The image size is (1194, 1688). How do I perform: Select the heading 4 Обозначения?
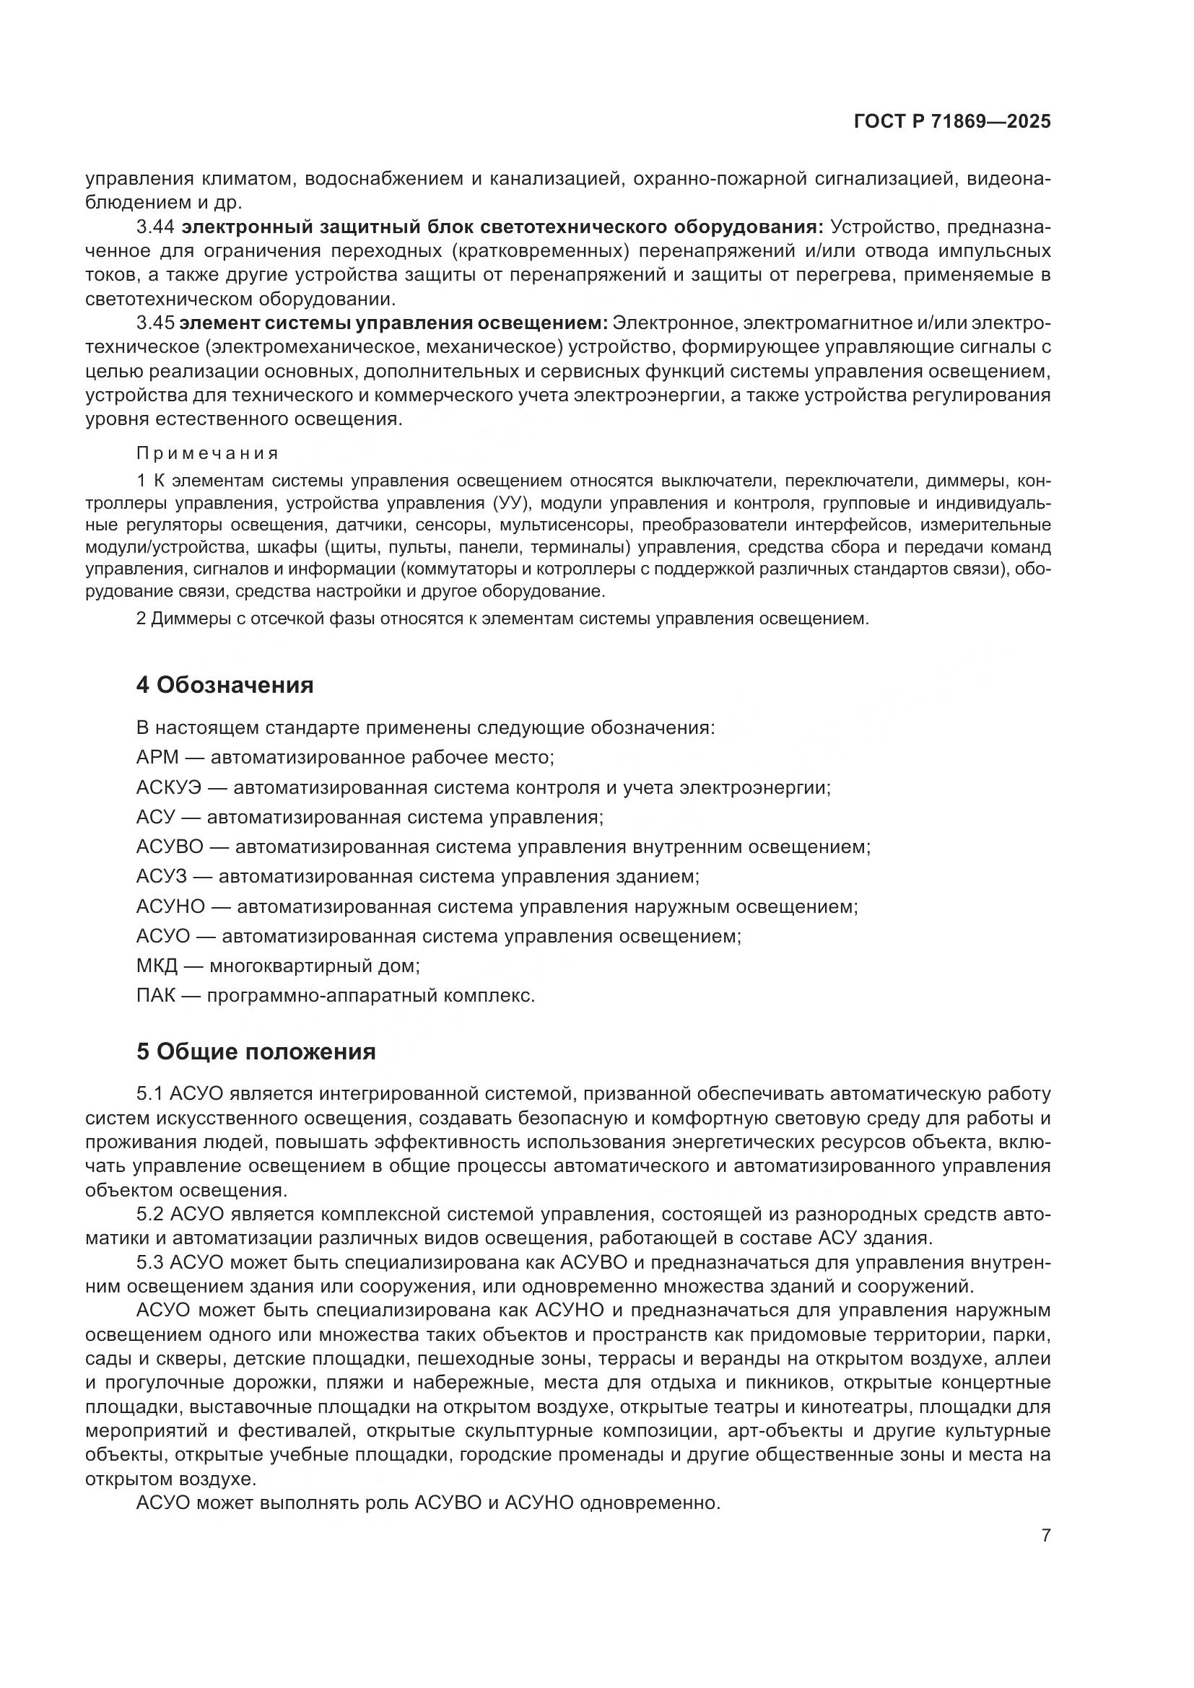pos(225,685)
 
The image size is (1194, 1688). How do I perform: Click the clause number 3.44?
pos(155,227)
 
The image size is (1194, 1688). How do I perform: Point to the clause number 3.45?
pos(155,323)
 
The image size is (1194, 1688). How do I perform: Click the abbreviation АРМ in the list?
pos(157,758)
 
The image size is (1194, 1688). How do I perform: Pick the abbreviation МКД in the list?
pos(157,966)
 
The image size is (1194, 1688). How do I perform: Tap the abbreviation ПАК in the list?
pos(156,996)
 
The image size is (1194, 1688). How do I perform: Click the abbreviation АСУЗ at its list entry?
pos(162,877)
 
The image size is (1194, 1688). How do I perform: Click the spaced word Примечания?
pos(208,453)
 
